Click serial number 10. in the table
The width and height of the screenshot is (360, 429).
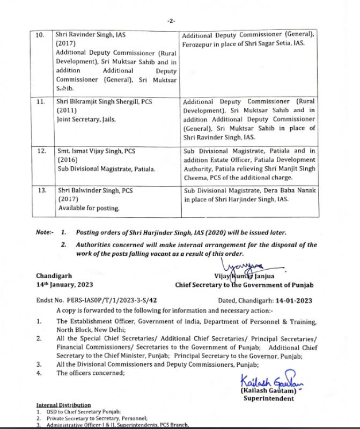click(40, 34)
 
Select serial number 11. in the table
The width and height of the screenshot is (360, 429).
click(40, 100)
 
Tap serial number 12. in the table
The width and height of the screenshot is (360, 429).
click(40, 151)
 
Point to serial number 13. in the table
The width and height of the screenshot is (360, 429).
click(40, 190)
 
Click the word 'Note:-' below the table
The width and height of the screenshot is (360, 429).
click(45, 233)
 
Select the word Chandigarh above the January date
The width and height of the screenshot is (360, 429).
click(54, 276)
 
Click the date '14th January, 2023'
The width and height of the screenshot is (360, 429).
click(64, 285)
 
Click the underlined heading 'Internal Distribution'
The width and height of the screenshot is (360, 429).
click(63, 405)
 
